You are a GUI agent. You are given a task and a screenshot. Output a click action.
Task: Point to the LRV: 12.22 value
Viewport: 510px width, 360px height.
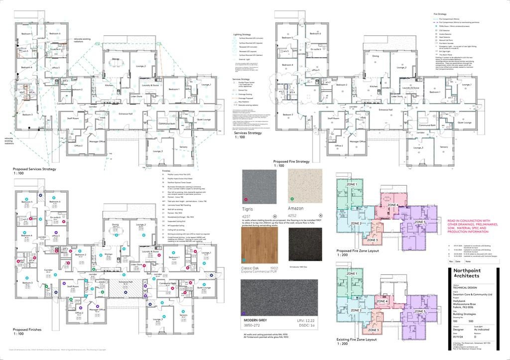coord(303,320)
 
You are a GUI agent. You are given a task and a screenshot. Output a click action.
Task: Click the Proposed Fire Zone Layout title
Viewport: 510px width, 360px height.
coord(358,251)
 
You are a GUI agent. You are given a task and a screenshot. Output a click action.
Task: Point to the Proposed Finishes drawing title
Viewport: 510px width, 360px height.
coord(27,330)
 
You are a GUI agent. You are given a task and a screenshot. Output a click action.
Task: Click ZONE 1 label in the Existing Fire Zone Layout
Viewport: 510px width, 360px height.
coord(352,274)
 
